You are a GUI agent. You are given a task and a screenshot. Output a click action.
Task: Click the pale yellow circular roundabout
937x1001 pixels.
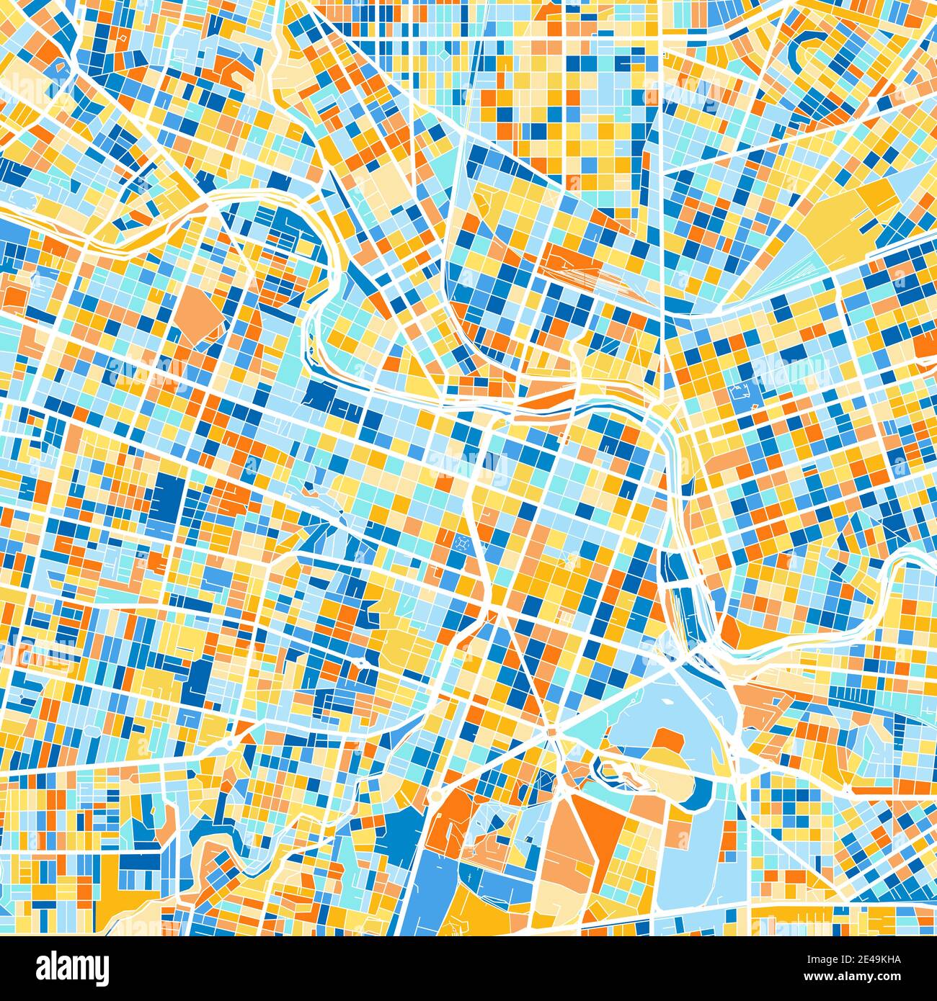point(436,796)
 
